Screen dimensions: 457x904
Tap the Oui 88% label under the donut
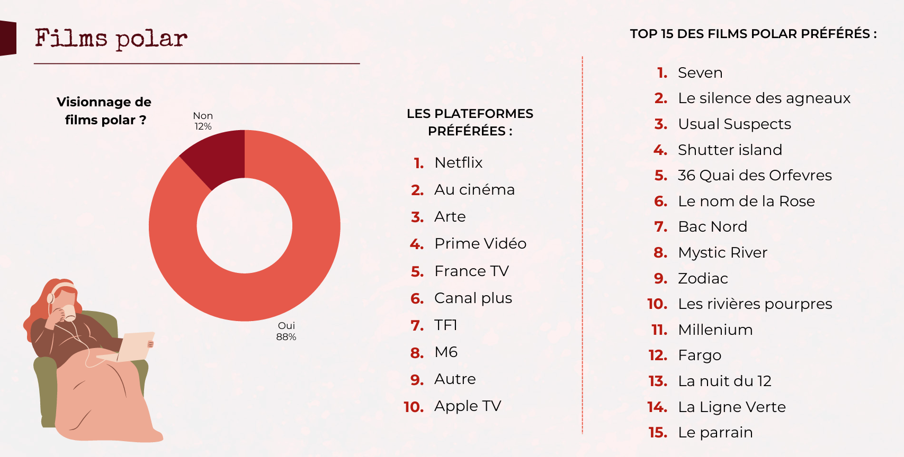[286, 331]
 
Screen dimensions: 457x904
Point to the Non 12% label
[203, 121]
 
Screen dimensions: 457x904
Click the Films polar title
[111, 39]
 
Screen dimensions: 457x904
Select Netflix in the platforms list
[458, 162]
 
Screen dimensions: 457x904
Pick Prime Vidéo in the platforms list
[480, 243]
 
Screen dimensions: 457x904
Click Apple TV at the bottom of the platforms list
[467, 406]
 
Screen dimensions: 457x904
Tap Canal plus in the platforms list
[473, 298]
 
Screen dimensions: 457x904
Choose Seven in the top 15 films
[700, 72]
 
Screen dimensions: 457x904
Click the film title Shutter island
[729, 150]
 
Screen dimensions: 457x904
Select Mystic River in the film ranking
[722, 252]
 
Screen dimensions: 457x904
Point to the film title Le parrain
[715, 432]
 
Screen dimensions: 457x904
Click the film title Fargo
[699, 355]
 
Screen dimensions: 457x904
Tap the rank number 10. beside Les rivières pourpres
[657, 304]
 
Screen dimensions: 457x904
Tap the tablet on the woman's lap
[135, 346]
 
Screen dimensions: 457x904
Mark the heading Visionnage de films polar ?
[104, 111]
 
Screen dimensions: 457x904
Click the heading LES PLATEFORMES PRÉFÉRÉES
[470, 122]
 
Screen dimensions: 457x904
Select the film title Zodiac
[703, 278]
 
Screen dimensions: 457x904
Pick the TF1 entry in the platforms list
[445, 325]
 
